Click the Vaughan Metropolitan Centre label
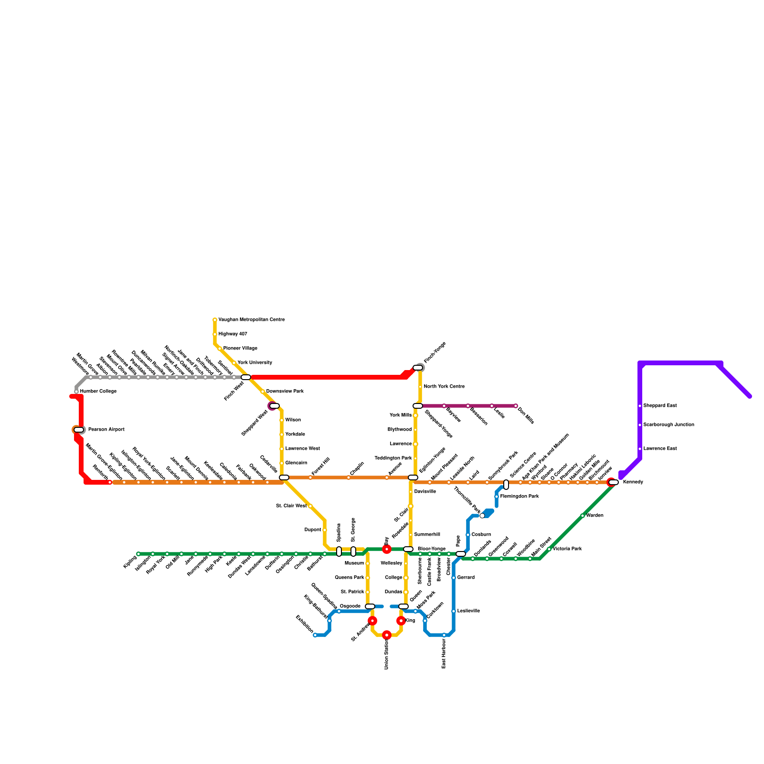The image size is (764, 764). coord(251,320)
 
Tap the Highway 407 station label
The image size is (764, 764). coord(233,334)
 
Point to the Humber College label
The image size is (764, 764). coord(98,392)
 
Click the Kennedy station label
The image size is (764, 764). coord(633,482)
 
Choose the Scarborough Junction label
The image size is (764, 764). coord(668,425)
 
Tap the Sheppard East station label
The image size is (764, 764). coord(660,406)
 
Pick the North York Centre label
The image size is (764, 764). coord(444,387)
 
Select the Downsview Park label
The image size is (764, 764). coord(285,392)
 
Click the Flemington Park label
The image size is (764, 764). coord(520,497)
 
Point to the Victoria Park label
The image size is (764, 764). coord(567,549)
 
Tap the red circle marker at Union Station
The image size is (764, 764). coord(387,635)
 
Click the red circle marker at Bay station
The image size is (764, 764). coord(387,550)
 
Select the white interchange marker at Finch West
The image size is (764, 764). coord(245,377)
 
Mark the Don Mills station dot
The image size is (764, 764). coord(516,406)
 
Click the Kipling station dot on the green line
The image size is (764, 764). coord(138,554)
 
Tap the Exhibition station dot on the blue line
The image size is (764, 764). coord(315,635)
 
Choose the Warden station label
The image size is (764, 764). coord(595,516)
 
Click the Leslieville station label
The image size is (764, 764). coord(468,611)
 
